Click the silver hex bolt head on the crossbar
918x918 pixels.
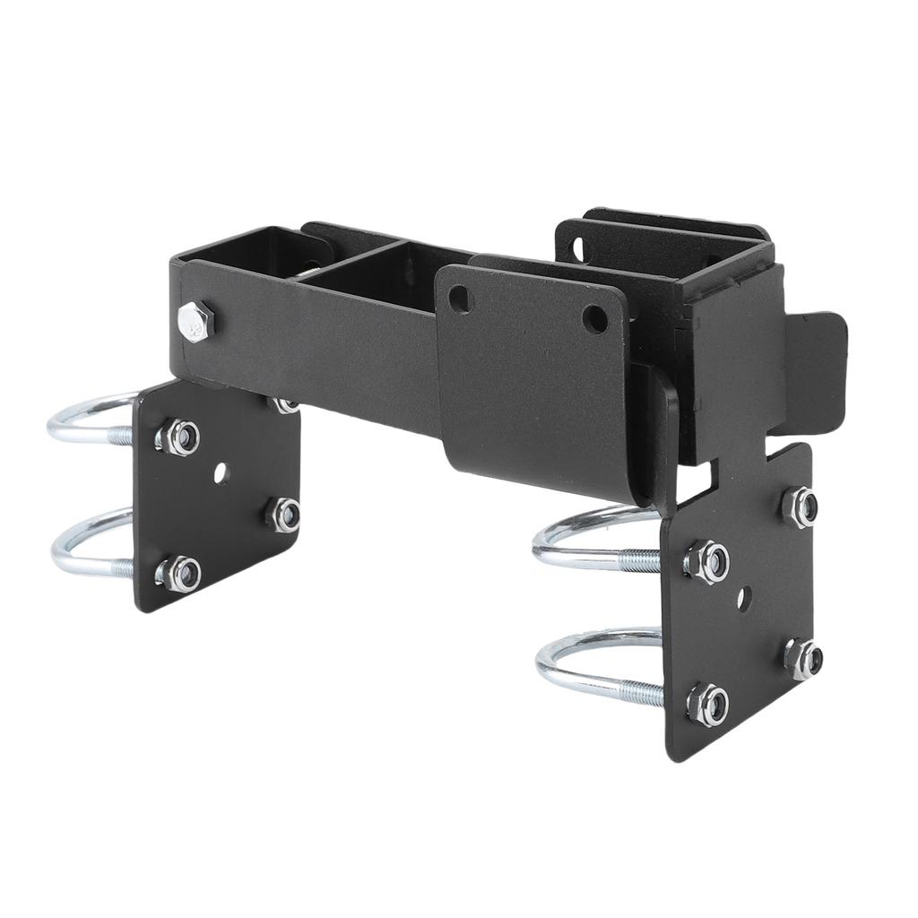click(x=195, y=320)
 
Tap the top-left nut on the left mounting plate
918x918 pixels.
click(x=178, y=437)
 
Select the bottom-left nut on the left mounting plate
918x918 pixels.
click(x=179, y=574)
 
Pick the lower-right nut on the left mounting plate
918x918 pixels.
click(x=284, y=515)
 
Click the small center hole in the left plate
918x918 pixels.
click(x=220, y=472)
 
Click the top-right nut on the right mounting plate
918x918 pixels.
click(x=800, y=507)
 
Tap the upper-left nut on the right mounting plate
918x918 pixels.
click(x=707, y=562)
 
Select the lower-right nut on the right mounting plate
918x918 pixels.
click(x=803, y=659)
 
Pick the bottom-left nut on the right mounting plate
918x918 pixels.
click(x=707, y=705)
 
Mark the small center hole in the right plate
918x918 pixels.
click(x=743, y=599)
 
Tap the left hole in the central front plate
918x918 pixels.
click(x=460, y=299)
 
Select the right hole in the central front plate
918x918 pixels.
click(x=595, y=318)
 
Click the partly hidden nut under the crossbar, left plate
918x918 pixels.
click(x=284, y=406)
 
